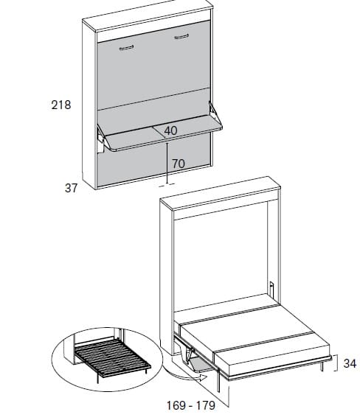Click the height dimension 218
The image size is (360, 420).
61,105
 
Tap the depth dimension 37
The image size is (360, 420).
71,188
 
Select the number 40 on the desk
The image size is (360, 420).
170,130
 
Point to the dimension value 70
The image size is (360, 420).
179,164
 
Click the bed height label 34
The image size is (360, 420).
350,363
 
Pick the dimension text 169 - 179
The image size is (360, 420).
191,405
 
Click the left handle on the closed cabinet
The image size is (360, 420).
126,49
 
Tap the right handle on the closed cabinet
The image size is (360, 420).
181,36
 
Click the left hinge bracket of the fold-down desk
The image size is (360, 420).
101,139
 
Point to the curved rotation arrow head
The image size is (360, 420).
204,378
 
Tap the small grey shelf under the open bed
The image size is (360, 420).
201,365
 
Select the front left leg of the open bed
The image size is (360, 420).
218,381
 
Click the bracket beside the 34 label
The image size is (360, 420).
336,363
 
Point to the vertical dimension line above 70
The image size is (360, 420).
167,163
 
